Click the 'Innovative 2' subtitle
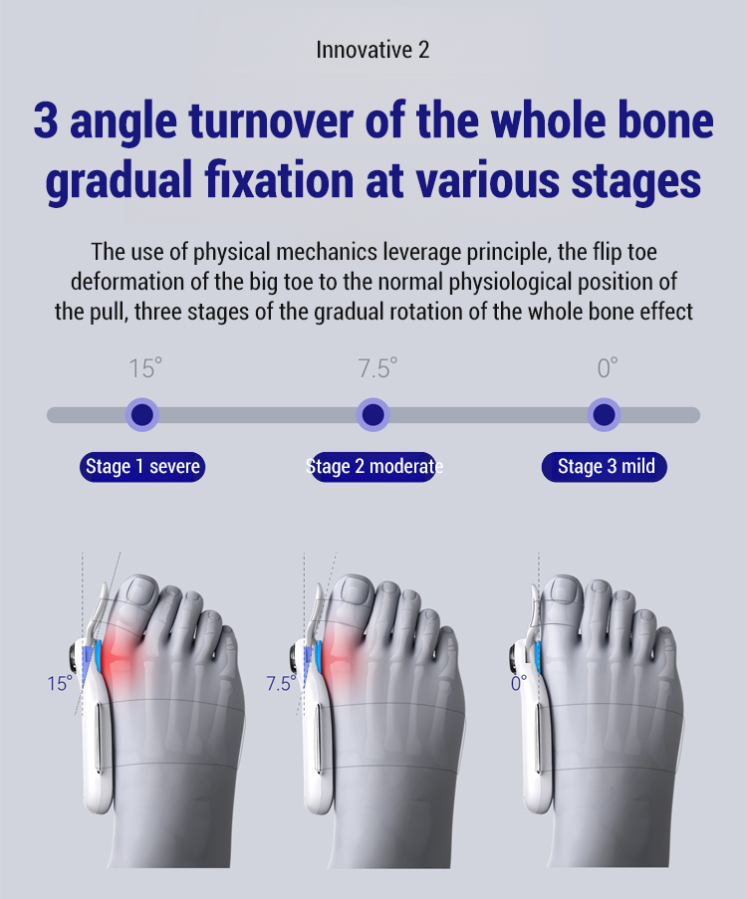[x=373, y=50]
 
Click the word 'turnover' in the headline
[x=271, y=120]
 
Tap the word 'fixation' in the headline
[x=280, y=180]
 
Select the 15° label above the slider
[x=145, y=368]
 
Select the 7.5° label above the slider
[x=377, y=368]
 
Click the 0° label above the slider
[x=607, y=368]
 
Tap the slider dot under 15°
[x=142, y=414]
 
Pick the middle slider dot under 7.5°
[x=373, y=414]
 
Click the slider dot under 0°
[x=604, y=414]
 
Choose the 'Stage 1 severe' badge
[x=142, y=467]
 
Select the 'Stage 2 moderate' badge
[x=374, y=467]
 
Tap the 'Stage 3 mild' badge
[x=605, y=467]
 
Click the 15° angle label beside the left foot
[x=60, y=683]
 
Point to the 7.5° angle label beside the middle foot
[x=281, y=683]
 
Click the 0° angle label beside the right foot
[x=518, y=683]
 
